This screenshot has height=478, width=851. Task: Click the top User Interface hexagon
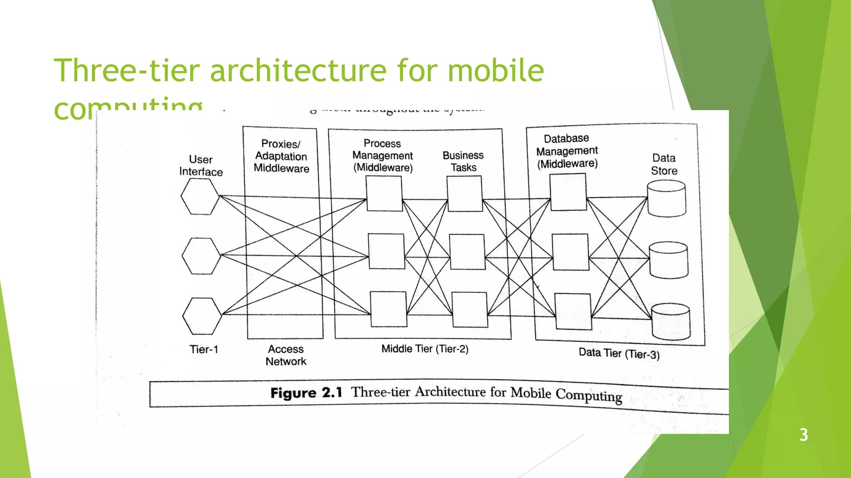pyautogui.click(x=200, y=197)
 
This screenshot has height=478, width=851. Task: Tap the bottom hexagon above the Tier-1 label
pyautogui.click(x=202, y=316)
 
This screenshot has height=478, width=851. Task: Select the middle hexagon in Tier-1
pyautogui.click(x=201, y=256)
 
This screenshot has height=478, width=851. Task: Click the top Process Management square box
pyautogui.click(x=384, y=193)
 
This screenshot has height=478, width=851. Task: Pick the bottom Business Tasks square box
pyautogui.click(x=470, y=310)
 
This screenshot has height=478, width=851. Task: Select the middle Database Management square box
pyautogui.click(x=570, y=252)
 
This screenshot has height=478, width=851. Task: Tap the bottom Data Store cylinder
pyautogui.click(x=671, y=321)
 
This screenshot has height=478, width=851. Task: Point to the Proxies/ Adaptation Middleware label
pyautogui.click(x=281, y=156)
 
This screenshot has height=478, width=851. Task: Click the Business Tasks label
pyautogui.click(x=463, y=161)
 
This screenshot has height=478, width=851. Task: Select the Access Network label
pyautogui.click(x=286, y=355)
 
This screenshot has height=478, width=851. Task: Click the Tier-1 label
pyautogui.click(x=204, y=349)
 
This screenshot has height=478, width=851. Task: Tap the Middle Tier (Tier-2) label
pyautogui.click(x=425, y=349)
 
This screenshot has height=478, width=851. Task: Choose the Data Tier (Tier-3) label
pyautogui.click(x=619, y=354)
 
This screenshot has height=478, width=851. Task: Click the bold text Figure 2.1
pyautogui.click(x=306, y=393)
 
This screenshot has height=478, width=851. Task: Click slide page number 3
pyautogui.click(x=804, y=435)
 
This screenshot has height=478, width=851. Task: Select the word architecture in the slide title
pyautogui.click(x=298, y=71)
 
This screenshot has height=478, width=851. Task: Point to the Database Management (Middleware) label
pyautogui.click(x=567, y=151)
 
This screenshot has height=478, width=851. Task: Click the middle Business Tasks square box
pyautogui.click(x=467, y=252)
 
